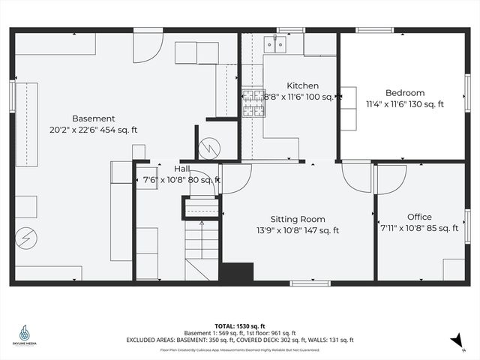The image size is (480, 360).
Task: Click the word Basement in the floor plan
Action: pos(93,118)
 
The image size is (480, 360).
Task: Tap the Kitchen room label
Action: pos(302,85)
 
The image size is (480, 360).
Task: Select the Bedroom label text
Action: pos(405,93)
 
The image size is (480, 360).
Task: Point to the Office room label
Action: pos(419,217)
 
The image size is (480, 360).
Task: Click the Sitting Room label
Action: pos(297,219)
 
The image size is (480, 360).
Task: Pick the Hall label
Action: pos(181,169)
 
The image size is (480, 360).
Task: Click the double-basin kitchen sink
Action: pos(280,46)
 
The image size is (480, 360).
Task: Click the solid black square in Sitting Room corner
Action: pos(236,272)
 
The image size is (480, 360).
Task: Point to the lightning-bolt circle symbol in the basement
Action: pos(26,238)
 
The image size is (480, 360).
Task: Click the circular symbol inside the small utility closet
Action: pos(209,146)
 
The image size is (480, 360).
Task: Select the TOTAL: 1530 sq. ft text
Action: pos(239,326)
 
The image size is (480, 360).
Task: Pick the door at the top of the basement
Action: pos(147,46)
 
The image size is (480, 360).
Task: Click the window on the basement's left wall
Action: pos(13,96)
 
